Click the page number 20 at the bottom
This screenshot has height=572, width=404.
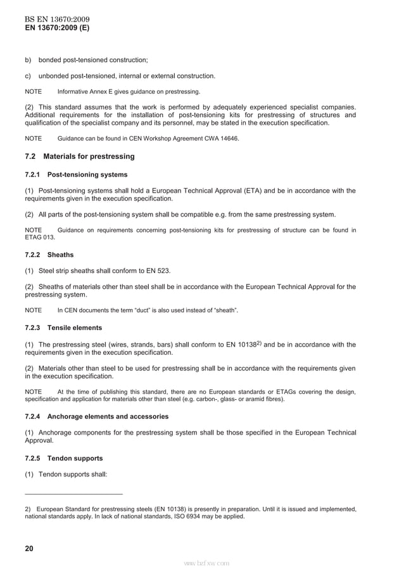(28, 549)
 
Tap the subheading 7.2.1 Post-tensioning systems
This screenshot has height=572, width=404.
(76, 174)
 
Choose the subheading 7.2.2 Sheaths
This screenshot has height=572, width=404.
(49, 255)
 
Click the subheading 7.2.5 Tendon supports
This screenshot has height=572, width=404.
(63, 457)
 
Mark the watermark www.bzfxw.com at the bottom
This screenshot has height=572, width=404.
(206, 562)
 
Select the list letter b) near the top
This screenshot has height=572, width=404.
(28, 60)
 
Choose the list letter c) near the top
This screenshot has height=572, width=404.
(28, 76)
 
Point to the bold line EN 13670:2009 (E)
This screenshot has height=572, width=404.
(56, 29)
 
